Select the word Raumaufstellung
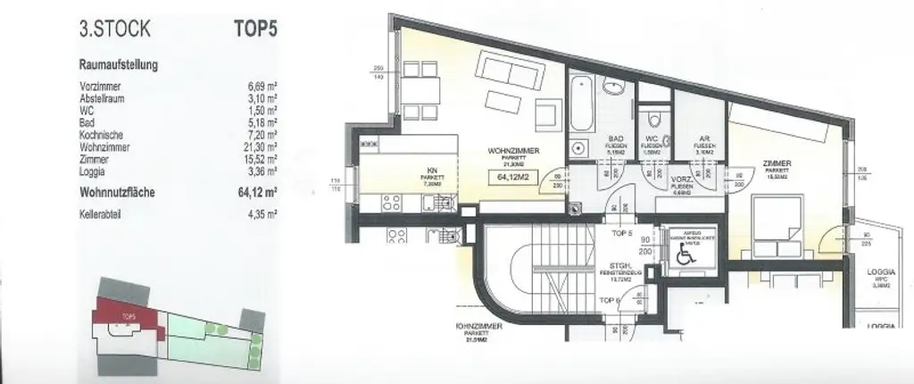(x=119, y=65)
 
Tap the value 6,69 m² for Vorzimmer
(x=261, y=87)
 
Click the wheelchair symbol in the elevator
(x=685, y=254)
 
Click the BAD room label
(x=615, y=139)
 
